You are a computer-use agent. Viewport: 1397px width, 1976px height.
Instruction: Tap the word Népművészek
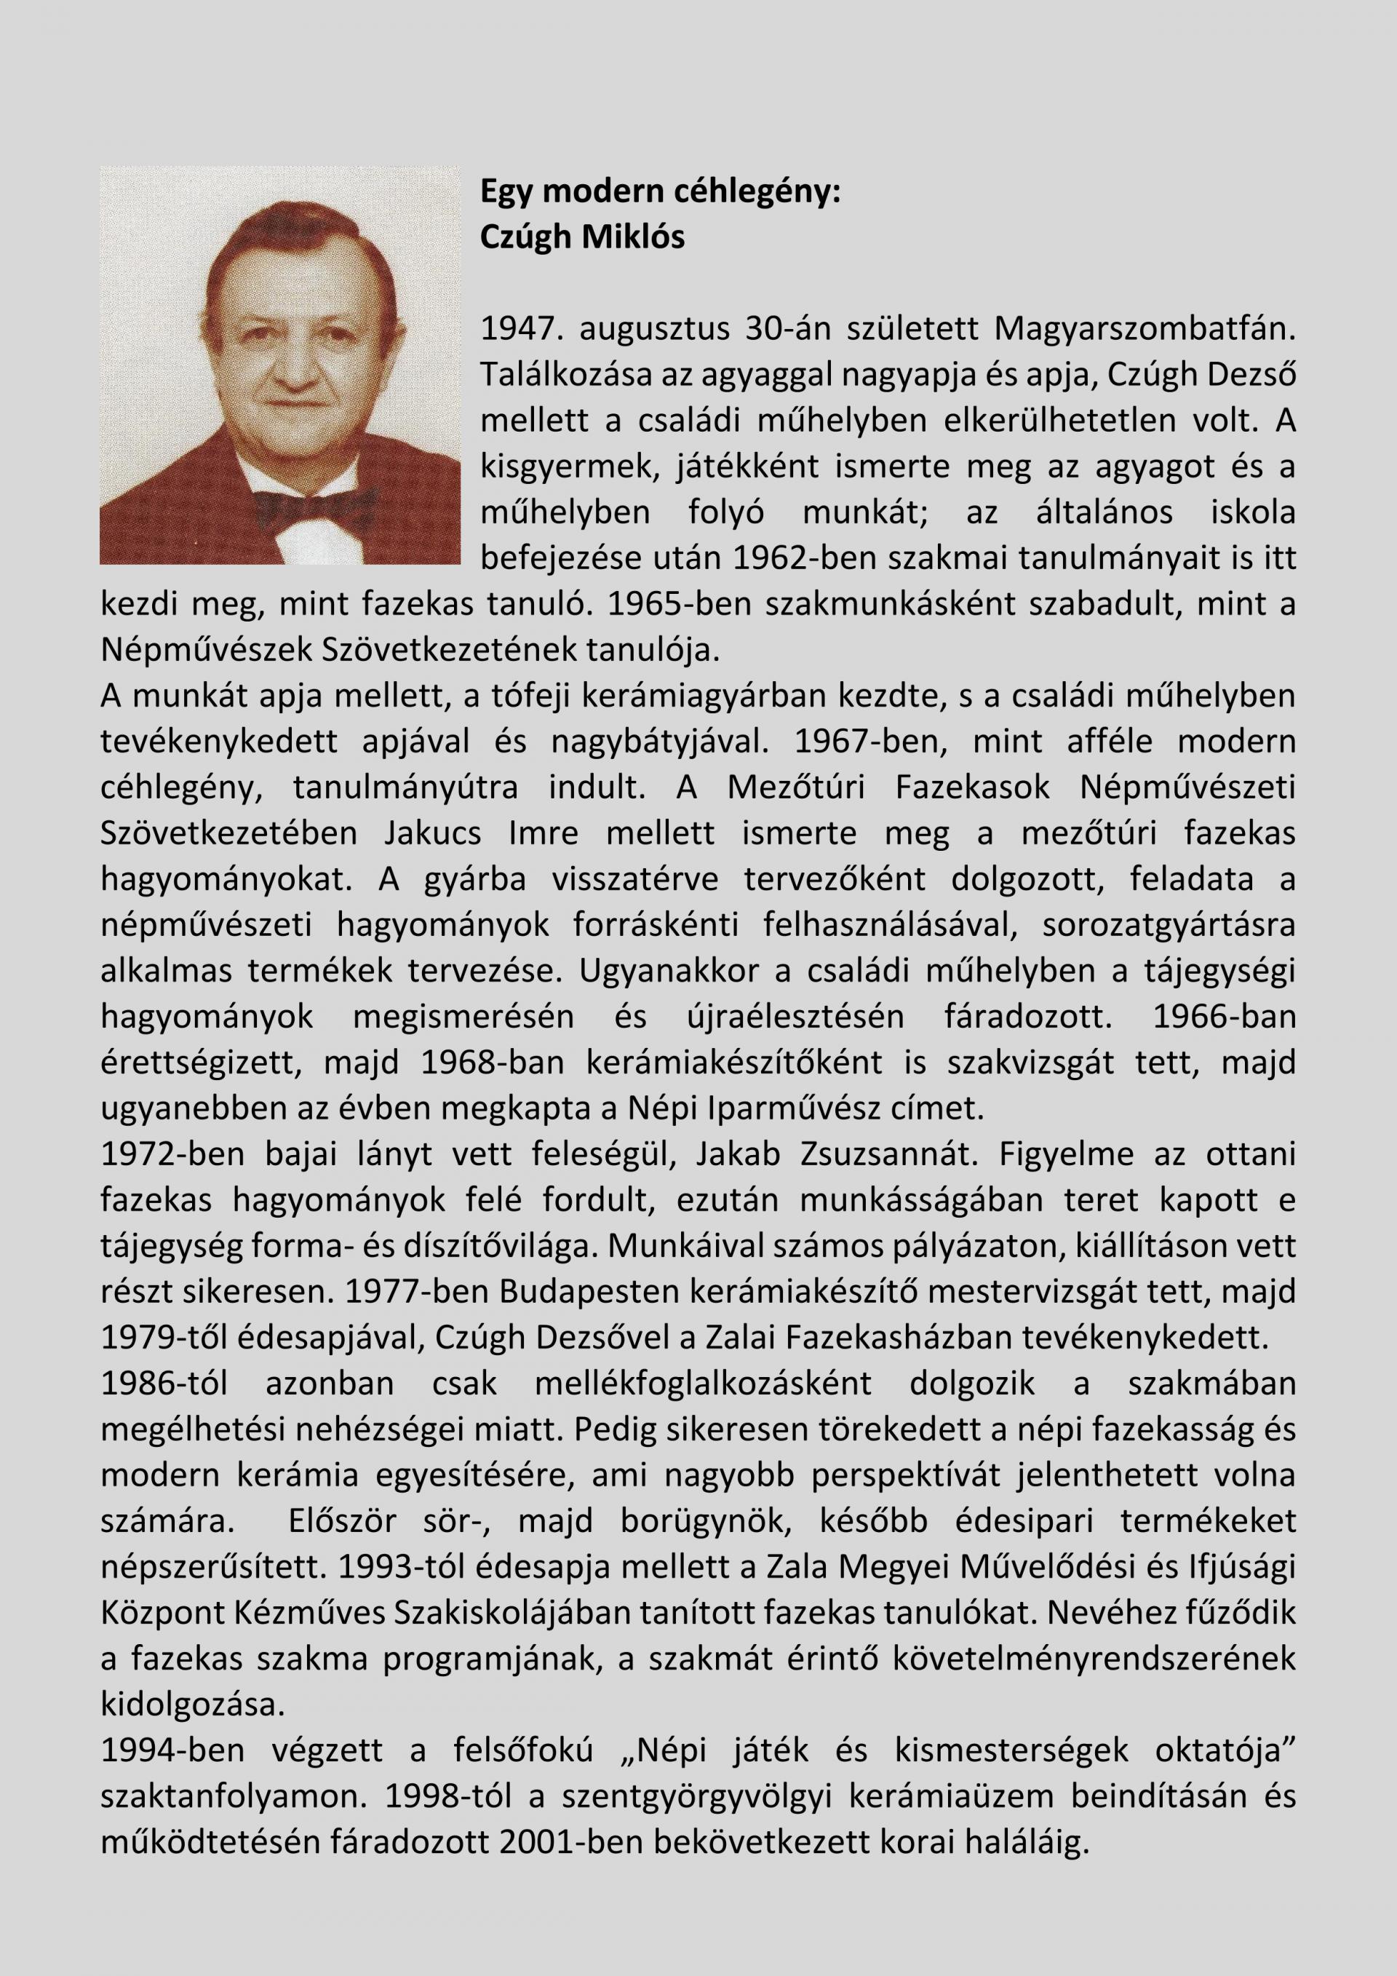pyautogui.click(x=207, y=651)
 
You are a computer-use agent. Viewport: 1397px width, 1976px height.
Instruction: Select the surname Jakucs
pyautogui.click(x=434, y=834)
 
